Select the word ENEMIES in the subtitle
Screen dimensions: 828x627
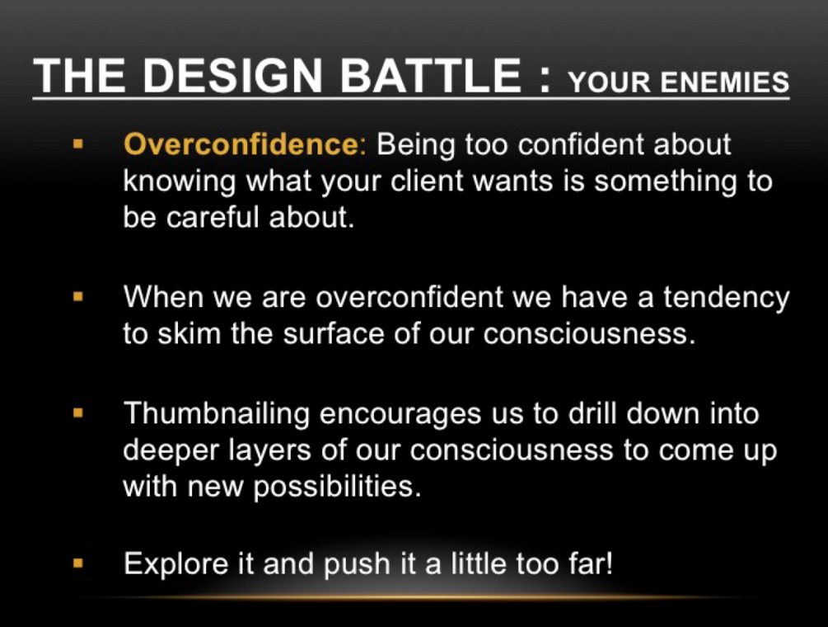point(724,82)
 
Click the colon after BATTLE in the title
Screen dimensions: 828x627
point(545,81)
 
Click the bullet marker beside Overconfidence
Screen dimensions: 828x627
point(78,144)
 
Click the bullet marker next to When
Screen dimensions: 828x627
point(78,296)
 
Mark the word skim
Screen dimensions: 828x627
point(189,333)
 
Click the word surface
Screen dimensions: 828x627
point(334,333)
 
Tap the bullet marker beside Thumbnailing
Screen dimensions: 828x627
point(78,412)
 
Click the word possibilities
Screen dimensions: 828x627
point(338,488)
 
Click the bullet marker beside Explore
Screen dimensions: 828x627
point(78,563)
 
